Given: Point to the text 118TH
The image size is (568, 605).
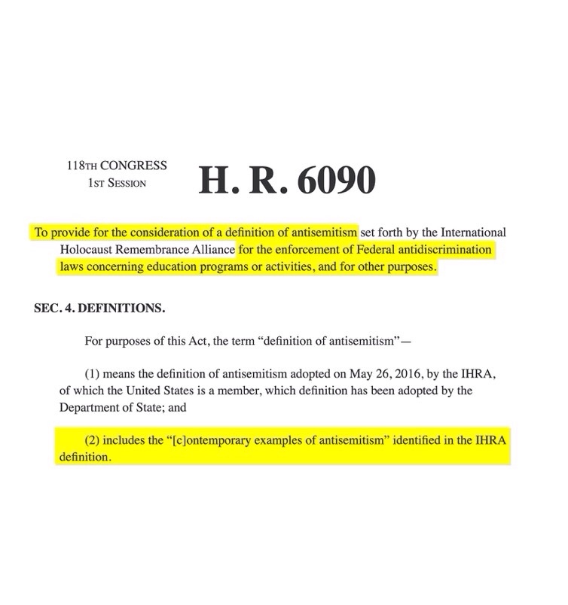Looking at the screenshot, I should coord(80,166).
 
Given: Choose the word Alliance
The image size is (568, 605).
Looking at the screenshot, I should coord(215,249).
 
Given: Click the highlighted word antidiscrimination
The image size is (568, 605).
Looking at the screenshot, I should coord(442,249).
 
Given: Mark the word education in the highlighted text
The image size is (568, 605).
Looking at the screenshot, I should coord(184,266).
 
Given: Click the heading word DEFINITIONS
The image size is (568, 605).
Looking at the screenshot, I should coord(122,309).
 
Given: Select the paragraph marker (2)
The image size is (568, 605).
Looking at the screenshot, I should coord(93,440).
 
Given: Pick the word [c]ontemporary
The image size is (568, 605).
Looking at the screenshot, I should coord(196,440).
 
